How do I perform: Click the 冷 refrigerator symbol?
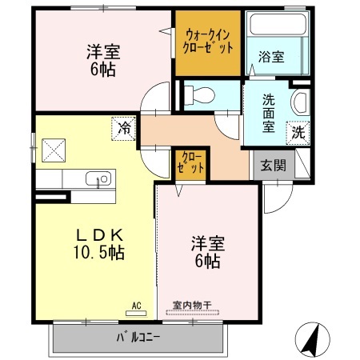pos(125,126)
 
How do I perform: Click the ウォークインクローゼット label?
pos(208,42)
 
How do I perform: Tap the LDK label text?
pos(98,235)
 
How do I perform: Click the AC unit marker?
pos(136,307)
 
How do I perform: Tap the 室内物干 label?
pos(192,306)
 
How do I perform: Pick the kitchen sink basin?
pos(101,179)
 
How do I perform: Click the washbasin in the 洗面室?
pos(300,102)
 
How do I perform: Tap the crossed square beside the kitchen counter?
pos(54,150)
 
